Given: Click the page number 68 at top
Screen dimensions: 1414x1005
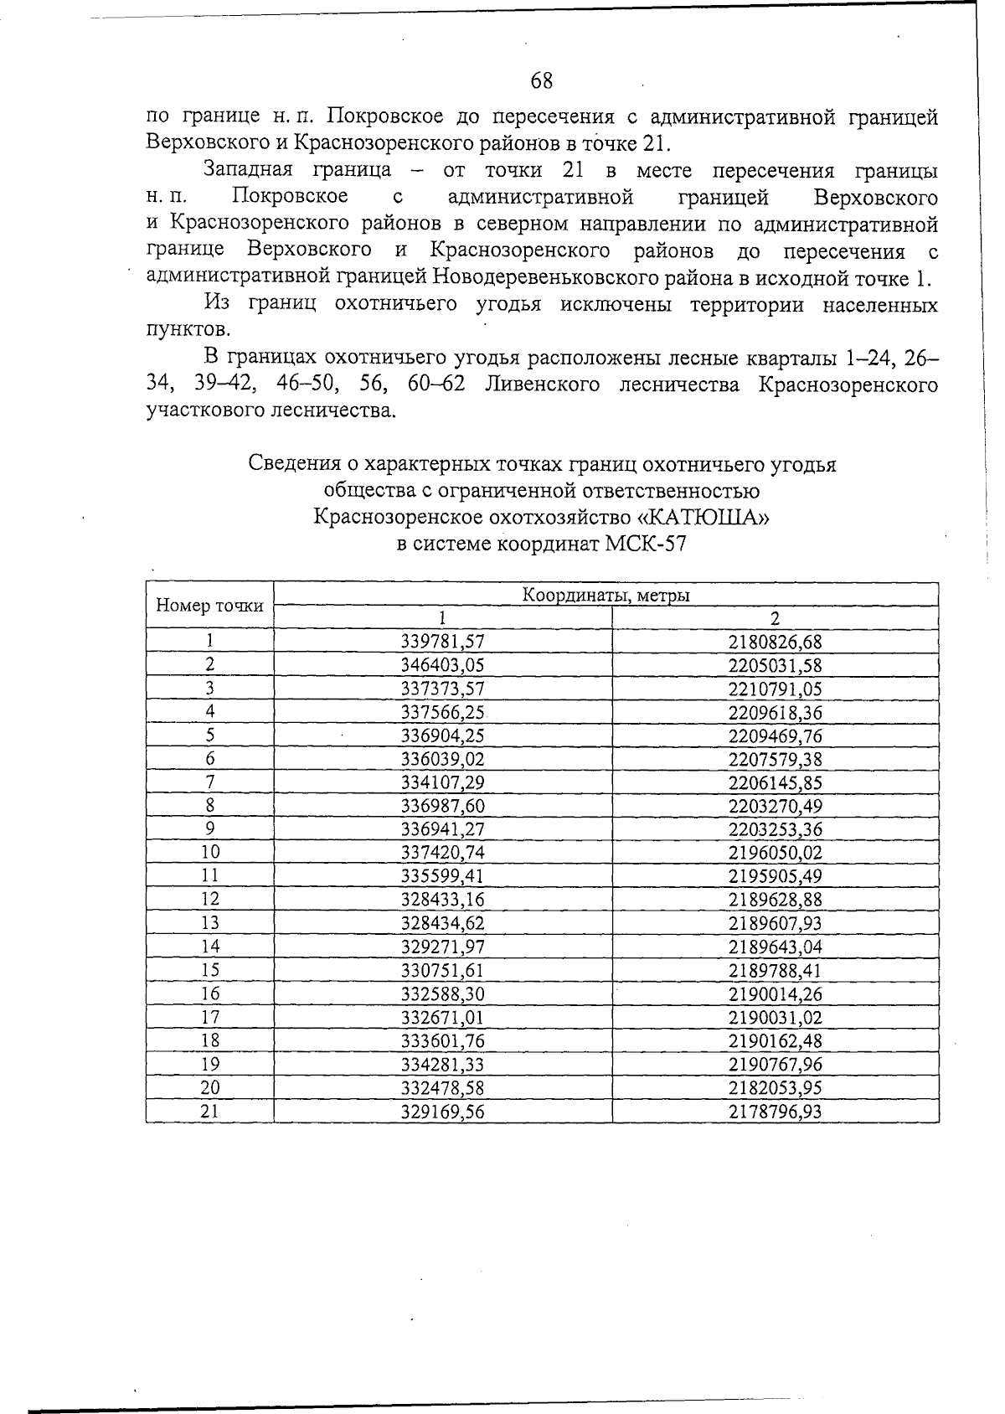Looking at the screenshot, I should point(542,80).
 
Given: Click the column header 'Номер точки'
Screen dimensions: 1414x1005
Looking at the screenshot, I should point(209,606).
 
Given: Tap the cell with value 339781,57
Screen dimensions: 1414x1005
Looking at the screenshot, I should point(443,642).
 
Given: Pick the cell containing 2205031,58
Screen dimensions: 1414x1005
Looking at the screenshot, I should point(775,665).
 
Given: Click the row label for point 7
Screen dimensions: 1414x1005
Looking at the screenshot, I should point(209,782).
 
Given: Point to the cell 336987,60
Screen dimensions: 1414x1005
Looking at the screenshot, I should point(443,806).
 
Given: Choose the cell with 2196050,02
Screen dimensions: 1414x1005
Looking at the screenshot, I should point(775,853).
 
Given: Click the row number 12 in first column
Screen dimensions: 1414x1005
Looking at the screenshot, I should point(209,900).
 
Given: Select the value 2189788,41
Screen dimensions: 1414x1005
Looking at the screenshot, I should point(775,970).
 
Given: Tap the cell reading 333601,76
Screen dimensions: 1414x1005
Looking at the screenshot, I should point(443,1041).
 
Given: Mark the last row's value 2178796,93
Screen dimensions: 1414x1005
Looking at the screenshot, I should point(775,1112).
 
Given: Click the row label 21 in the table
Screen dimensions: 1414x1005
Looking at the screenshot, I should point(209,1112).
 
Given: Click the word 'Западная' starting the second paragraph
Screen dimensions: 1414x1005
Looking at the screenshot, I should point(248,170).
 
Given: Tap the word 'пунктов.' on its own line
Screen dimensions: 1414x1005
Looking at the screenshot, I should point(188,329).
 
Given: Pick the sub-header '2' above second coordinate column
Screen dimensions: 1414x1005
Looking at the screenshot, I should point(775,618).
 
